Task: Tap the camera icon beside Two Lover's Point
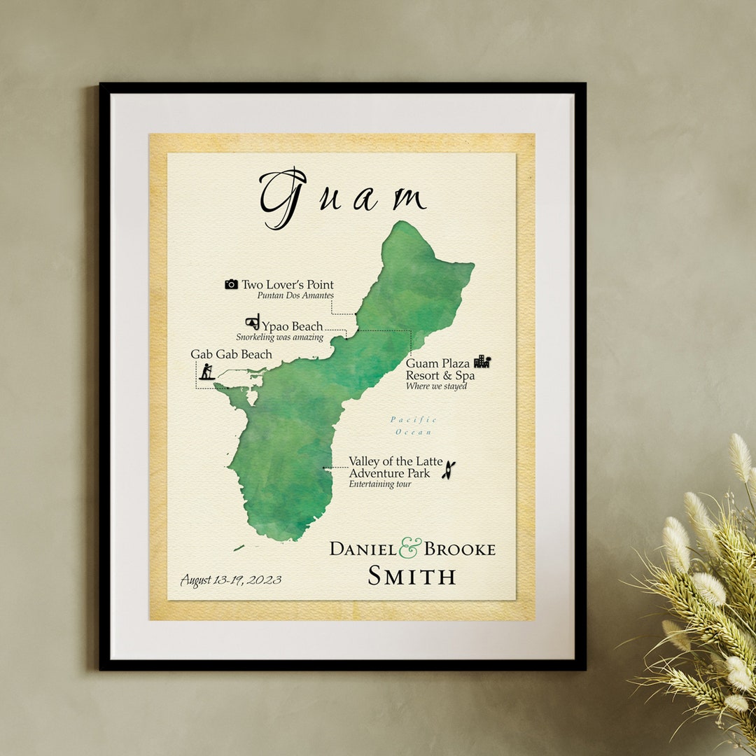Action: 231,284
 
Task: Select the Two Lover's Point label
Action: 288,285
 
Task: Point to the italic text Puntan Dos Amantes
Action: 295,295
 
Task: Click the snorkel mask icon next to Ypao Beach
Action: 252,322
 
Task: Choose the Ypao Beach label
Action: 293,326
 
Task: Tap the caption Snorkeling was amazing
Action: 279,337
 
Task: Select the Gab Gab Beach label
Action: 231,354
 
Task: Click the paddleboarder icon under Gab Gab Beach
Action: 206,372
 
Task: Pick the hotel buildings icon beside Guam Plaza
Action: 482,361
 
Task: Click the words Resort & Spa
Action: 440,376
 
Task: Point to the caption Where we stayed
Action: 436,386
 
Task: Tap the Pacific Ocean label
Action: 414,426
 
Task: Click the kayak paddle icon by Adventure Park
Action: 448,470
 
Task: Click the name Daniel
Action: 363,549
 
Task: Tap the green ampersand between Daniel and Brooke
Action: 410,547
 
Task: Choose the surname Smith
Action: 412,576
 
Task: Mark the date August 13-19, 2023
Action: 231,580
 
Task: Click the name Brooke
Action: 459,549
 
